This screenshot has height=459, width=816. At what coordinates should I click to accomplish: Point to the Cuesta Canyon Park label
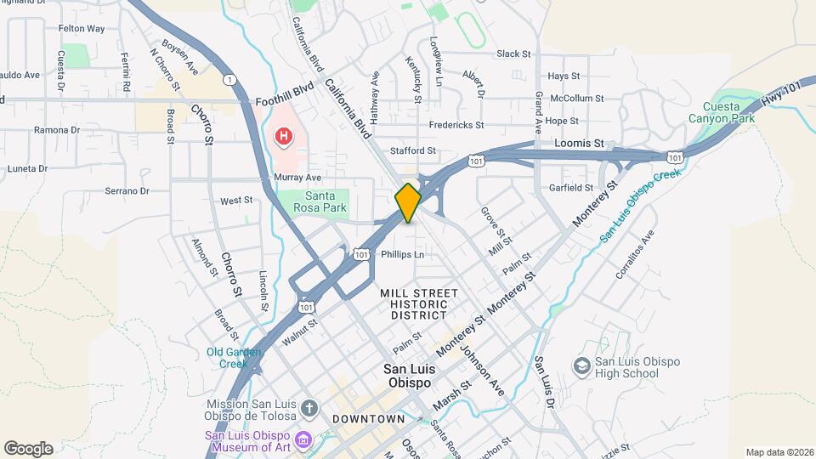point(728,113)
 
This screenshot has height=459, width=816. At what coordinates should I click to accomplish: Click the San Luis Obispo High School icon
point(582,366)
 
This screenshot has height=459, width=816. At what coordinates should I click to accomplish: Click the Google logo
point(28,449)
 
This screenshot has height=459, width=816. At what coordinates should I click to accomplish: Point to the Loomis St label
point(579,144)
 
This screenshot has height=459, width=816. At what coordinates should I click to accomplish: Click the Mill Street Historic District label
point(419,303)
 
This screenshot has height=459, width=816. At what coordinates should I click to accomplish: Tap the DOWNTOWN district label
point(368,419)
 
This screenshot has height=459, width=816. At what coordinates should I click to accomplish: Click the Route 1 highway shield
point(229,79)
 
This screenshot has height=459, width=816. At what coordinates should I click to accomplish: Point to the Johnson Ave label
point(482,366)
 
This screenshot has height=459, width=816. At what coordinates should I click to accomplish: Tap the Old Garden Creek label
point(227,358)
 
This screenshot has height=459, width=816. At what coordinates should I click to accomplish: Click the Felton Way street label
point(82,28)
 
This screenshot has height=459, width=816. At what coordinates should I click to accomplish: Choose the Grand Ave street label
point(538,114)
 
